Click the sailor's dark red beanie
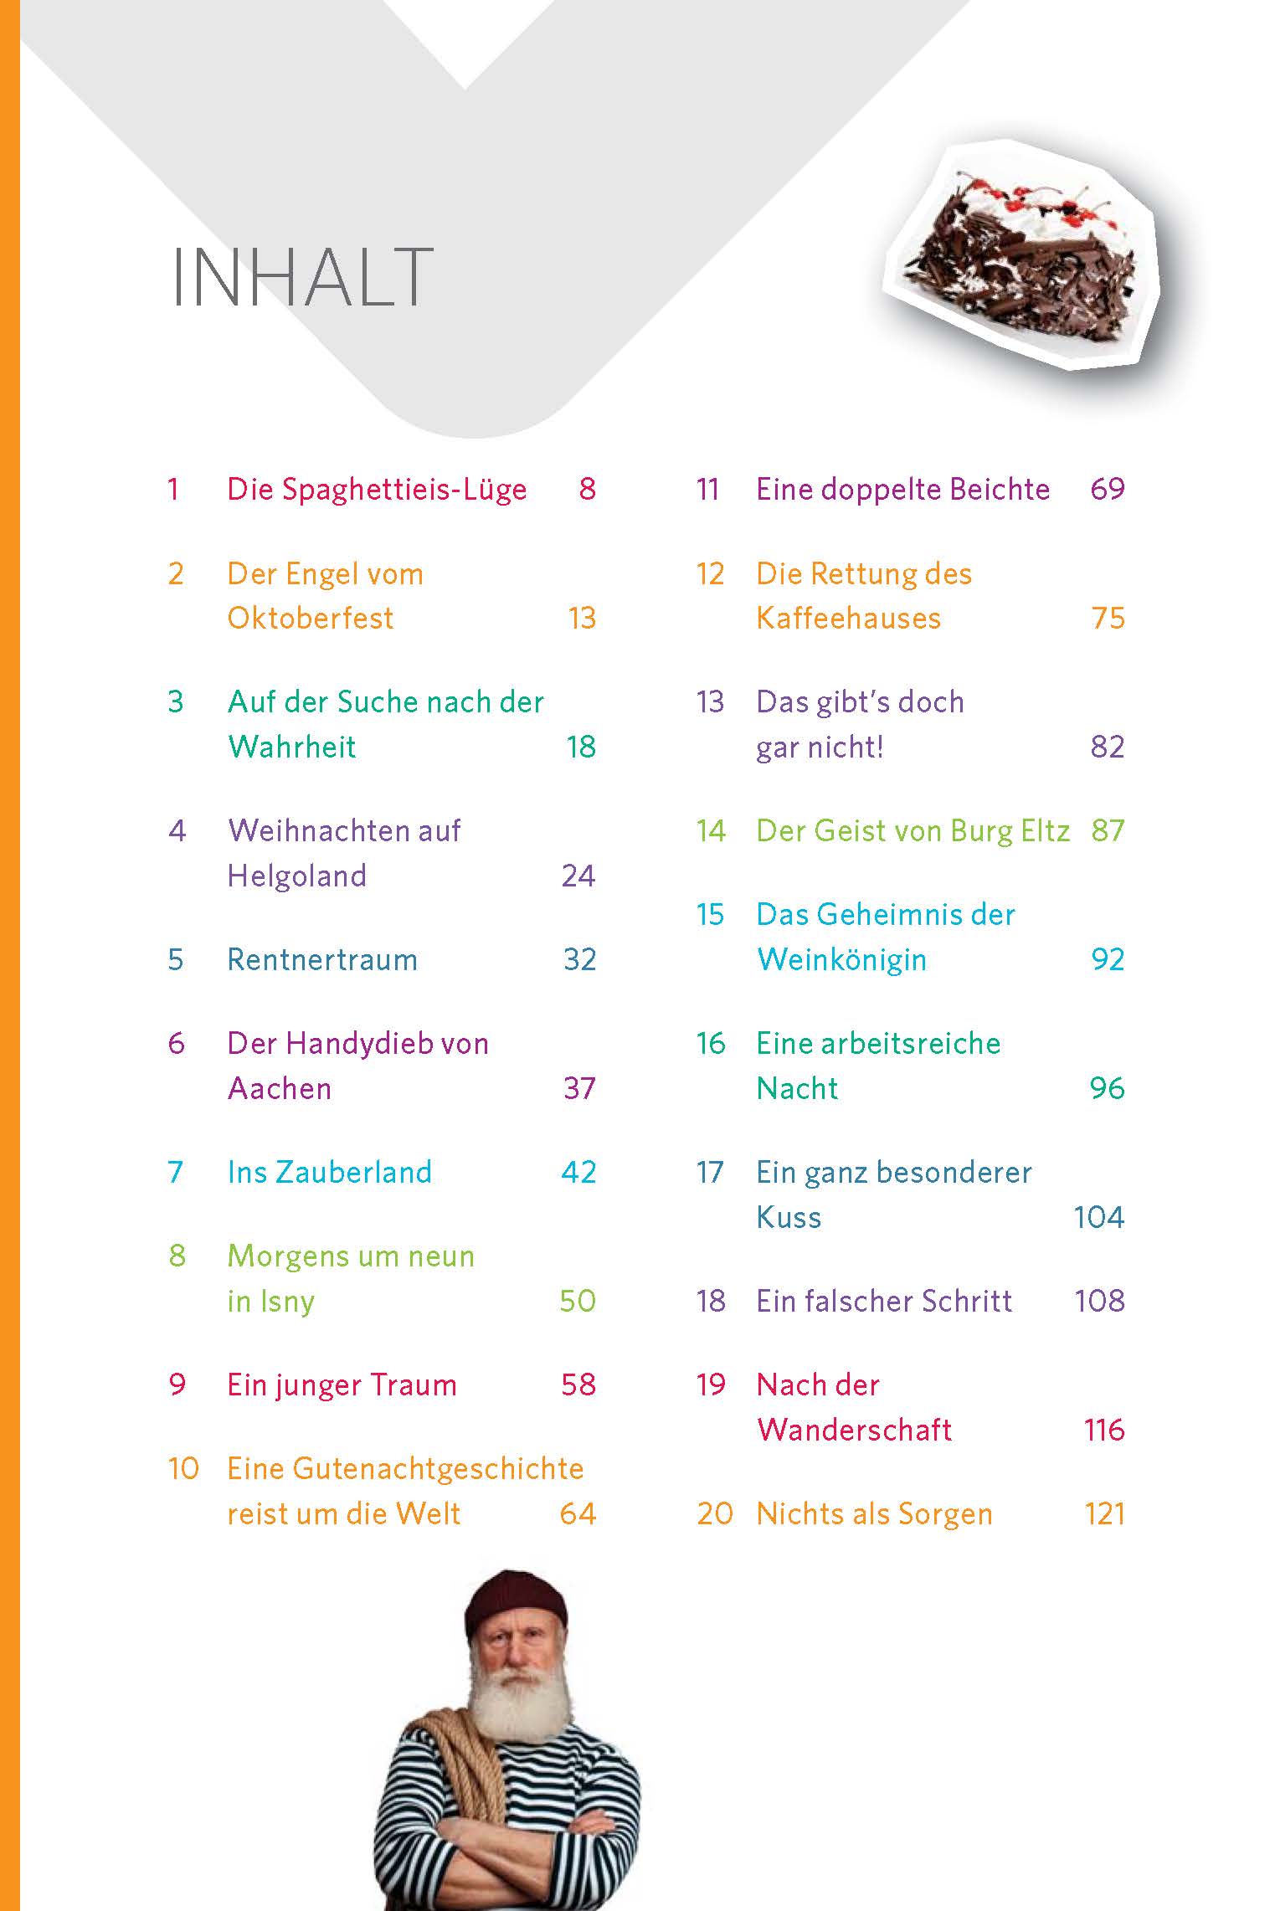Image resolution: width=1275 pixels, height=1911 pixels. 515,1601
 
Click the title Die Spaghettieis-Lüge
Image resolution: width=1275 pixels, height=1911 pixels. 377,490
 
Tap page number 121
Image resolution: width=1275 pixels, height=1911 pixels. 1104,1513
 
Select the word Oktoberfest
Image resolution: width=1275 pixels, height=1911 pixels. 310,619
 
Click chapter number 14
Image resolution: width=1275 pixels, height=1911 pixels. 711,831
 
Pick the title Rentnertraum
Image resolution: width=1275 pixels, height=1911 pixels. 322,960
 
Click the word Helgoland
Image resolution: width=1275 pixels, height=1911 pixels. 296,876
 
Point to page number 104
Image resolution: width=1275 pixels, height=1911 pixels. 1098,1217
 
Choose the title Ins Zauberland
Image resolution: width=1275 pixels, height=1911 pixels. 329,1172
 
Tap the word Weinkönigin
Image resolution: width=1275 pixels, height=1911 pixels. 841,960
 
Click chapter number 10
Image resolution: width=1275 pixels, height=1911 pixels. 183,1469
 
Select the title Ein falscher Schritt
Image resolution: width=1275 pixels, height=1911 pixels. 884,1301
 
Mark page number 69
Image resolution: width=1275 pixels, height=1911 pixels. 1107,490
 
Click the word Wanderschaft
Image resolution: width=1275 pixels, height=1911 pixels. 854,1430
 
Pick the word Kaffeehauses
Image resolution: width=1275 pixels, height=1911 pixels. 848,619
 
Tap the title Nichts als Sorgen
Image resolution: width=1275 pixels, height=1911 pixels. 874,1513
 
